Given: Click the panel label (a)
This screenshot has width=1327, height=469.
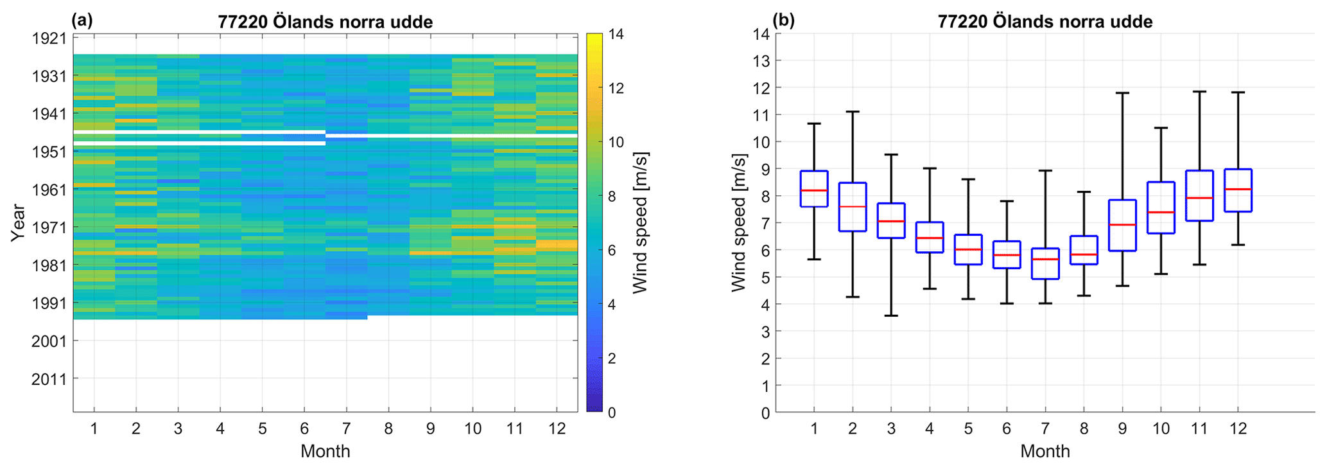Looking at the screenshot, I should point(82,21).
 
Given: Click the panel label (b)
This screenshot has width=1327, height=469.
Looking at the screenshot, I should point(785,21).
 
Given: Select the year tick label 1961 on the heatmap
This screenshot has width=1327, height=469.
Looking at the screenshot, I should point(49,190).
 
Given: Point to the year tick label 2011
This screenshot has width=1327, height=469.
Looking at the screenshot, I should point(49,379).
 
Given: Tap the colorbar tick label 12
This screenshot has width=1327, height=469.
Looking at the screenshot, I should point(616,88).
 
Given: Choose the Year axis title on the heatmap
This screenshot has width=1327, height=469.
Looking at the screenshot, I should point(19,223).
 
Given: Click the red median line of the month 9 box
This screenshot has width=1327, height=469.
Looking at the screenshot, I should point(1122,225).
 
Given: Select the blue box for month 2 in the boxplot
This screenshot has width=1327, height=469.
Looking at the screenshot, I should point(853,207).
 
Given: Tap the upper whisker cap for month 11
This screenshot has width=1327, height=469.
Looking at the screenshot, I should point(1199,92).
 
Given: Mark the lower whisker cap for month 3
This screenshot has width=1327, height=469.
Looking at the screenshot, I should point(891,315).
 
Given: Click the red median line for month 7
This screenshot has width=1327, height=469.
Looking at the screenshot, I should point(1045,259).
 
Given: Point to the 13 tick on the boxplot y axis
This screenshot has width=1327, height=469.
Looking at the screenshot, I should point(763,60).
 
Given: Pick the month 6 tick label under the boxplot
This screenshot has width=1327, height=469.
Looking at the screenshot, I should point(1007,428).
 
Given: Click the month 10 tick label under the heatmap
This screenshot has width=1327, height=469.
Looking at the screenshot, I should point(473,428).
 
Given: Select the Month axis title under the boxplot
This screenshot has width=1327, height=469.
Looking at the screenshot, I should point(1045,451).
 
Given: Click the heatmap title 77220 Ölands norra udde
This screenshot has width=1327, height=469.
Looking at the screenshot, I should point(325,22).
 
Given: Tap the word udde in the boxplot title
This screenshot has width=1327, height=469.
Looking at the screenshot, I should point(1133,22).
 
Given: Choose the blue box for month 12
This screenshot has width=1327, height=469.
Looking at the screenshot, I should point(1238,190).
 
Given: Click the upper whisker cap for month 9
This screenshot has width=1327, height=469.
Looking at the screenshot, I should point(1122,93).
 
